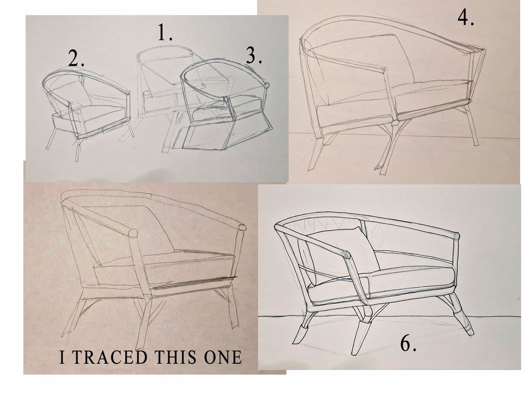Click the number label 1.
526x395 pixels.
coord(165,33)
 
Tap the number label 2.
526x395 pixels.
coord(76,58)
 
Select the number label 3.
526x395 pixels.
coord(254,56)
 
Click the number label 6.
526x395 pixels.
coord(409,343)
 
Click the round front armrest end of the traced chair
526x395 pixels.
coord(134,233)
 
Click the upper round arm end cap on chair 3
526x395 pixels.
coord(267,85)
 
